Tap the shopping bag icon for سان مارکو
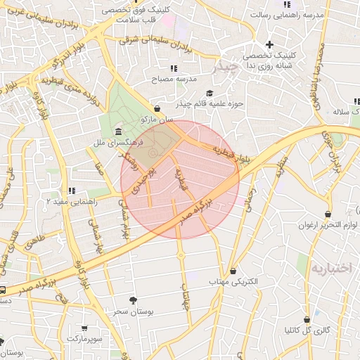(157, 109)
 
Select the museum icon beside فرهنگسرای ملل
(117, 132)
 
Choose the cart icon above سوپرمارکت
(84, 328)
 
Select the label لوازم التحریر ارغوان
(328, 225)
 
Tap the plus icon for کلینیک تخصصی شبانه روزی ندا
(269, 45)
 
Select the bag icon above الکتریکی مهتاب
(233, 271)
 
